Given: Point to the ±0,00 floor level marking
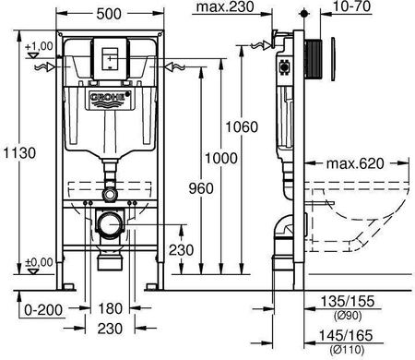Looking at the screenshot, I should coord(40,263).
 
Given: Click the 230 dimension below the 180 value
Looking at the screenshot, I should coord(111,329).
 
